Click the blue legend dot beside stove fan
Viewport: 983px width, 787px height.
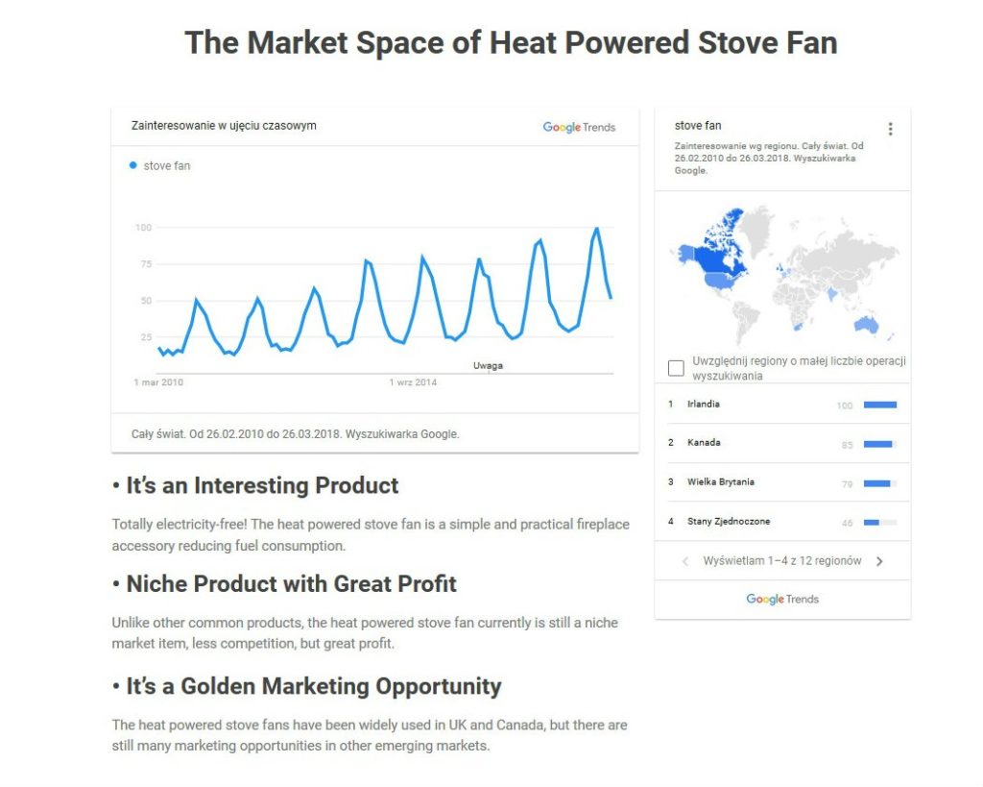click(x=132, y=165)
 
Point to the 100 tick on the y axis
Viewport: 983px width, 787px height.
click(x=144, y=227)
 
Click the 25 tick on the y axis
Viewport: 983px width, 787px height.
click(x=146, y=337)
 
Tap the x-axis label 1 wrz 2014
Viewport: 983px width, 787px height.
click(x=413, y=382)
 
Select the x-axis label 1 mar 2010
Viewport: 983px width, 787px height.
click(x=158, y=382)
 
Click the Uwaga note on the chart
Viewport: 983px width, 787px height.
click(x=488, y=365)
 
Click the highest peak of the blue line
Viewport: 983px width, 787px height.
click(x=596, y=229)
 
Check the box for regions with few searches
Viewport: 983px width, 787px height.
click(x=676, y=368)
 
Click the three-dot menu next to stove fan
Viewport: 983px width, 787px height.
click(x=890, y=129)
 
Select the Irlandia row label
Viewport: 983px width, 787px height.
click(x=704, y=404)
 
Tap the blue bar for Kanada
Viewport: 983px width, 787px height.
click(x=877, y=444)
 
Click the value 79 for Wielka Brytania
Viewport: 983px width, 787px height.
click(x=847, y=484)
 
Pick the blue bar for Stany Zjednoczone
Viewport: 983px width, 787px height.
click(x=872, y=522)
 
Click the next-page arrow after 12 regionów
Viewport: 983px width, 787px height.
click(x=879, y=561)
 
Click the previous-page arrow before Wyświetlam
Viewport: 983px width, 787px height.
click(x=685, y=561)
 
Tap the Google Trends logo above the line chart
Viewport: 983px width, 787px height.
click(x=579, y=128)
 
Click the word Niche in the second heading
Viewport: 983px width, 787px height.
click(x=156, y=583)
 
